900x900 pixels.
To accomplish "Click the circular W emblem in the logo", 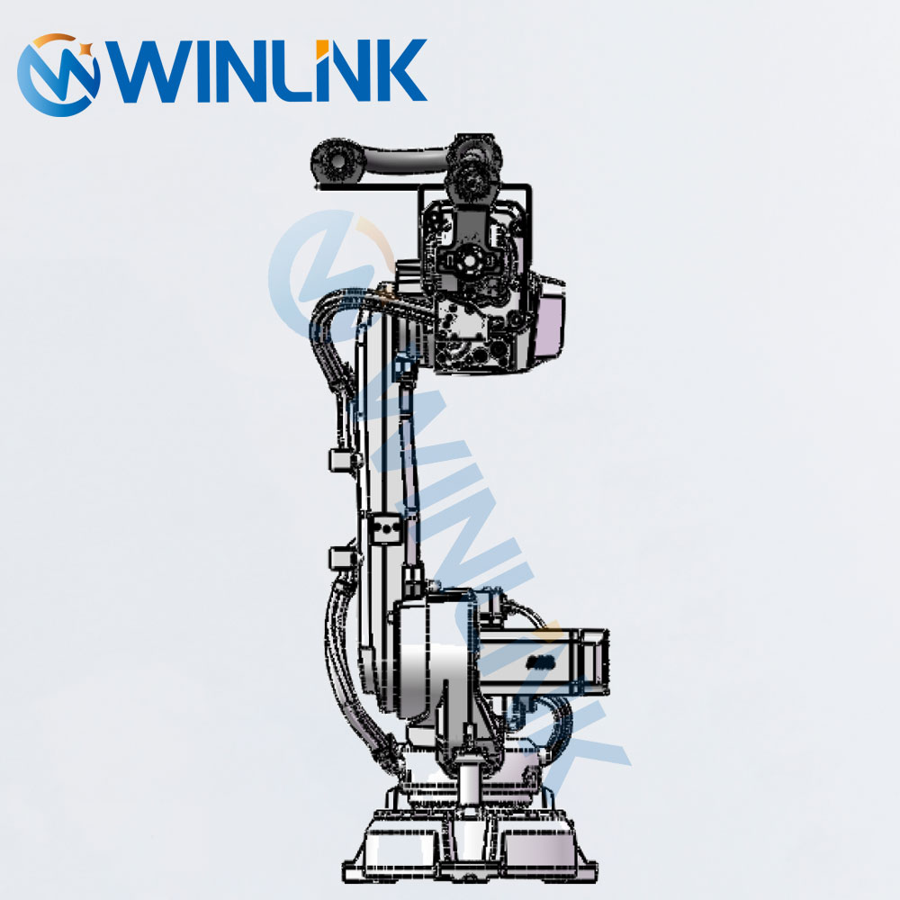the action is tap(58, 75).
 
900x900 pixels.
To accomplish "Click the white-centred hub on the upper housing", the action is tap(470, 261).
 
